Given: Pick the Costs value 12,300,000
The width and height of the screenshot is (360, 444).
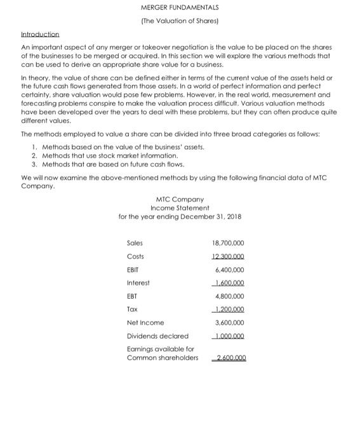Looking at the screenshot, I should pyautogui.click(x=229, y=256).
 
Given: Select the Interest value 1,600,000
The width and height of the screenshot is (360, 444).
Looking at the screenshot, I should pyautogui.click(x=230, y=283).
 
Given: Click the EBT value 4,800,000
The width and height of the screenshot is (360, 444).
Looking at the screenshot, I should pyautogui.click(x=230, y=296).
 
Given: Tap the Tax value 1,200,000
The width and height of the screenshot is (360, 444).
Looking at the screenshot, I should pyautogui.click(x=230, y=310).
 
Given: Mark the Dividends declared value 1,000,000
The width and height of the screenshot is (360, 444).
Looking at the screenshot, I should pyautogui.click(x=230, y=336).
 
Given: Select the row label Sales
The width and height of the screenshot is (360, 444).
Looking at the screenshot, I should pyautogui.click(x=135, y=243).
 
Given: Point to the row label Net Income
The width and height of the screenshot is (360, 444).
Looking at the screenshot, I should pyautogui.click(x=145, y=322).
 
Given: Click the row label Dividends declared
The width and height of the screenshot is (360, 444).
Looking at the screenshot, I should pyautogui.click(x=157, y=336).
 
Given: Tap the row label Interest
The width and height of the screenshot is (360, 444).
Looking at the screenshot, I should pyautogui.click(x=138, y=283).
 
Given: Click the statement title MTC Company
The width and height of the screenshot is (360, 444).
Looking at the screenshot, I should pyautogui.click(x=180, y=199).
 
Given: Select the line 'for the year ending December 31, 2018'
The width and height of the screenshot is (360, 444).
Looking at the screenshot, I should pyautogui.click(x=180, y=217).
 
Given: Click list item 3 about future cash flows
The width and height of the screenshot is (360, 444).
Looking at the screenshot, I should pyautogui.click(x=105, y=164).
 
